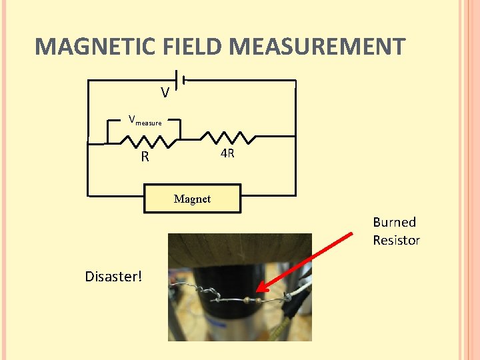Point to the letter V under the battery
(x=164, y=93)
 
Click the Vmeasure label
(x=145, y=121)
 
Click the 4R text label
(x=227, y=154)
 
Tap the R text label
(x=145, y=158)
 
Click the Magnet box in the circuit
(x=192, y=199)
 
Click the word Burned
(x=394, y=223)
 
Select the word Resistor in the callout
(x=396, y=240)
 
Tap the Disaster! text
(x=113, y=276)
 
